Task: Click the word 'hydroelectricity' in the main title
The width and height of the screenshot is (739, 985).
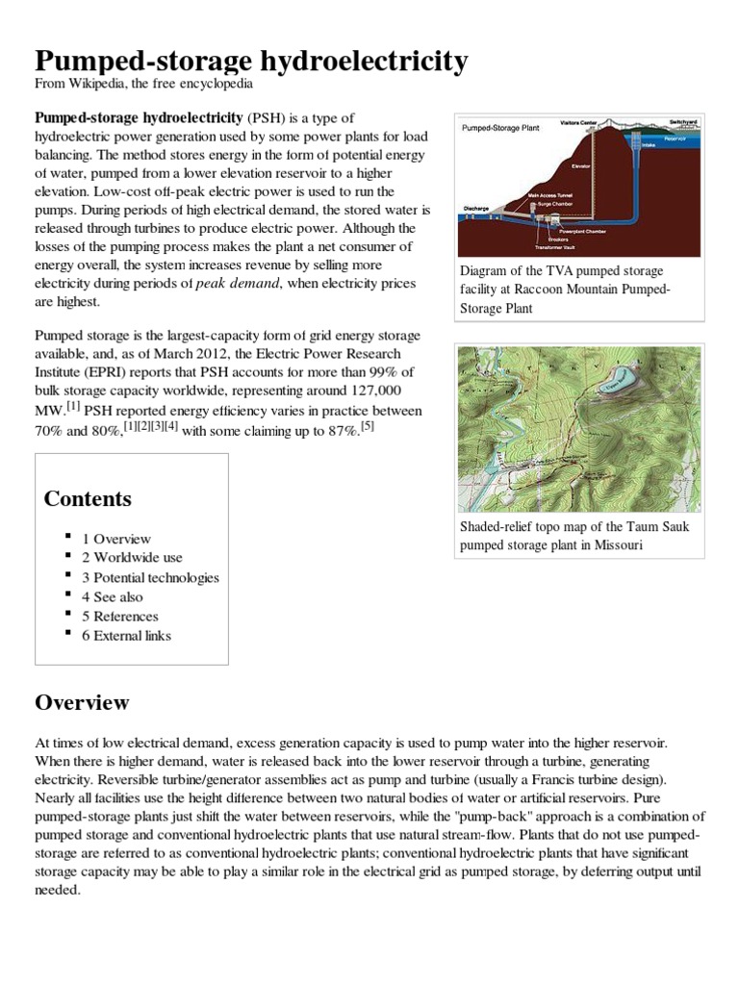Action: [355, 62]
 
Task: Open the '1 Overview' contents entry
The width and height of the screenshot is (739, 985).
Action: [115, 539]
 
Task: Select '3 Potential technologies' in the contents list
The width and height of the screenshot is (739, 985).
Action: [150, 577]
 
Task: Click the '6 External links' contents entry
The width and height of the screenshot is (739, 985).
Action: [126, 636]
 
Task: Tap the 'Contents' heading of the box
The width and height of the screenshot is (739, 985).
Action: [88, 499]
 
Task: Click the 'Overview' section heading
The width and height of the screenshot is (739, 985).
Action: [82, 702]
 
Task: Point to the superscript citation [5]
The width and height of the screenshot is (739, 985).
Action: [367, 426]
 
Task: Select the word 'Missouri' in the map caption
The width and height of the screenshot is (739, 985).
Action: [615, 545]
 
